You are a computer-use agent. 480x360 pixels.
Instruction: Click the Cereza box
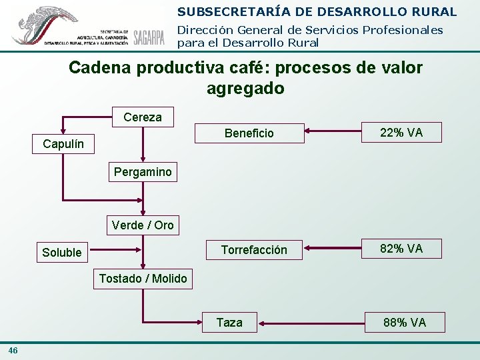tap(143, 117)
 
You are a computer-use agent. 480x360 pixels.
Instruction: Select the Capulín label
tap(64, 144)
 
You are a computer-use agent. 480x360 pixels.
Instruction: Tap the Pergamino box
tap(143, 172)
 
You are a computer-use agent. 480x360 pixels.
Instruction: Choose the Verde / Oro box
tap(143, 225)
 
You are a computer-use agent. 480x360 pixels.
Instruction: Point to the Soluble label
tap(62, 252)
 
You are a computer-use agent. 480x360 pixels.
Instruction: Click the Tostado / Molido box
tap(143, 278)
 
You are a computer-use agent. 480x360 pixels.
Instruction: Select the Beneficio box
tap(249, 133)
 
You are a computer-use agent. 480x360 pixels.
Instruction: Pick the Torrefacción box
tap(254, 250)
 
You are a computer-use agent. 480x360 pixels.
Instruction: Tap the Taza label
tap(229, 323)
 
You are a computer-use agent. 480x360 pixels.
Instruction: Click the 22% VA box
tap(401, 133)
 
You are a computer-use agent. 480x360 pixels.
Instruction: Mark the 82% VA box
tap(401, 249)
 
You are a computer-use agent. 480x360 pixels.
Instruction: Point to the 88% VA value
tap(404, 323)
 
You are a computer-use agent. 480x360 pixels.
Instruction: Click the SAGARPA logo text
tap(149, 37)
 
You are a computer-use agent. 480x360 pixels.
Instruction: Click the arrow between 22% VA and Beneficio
tap(333, 133)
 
